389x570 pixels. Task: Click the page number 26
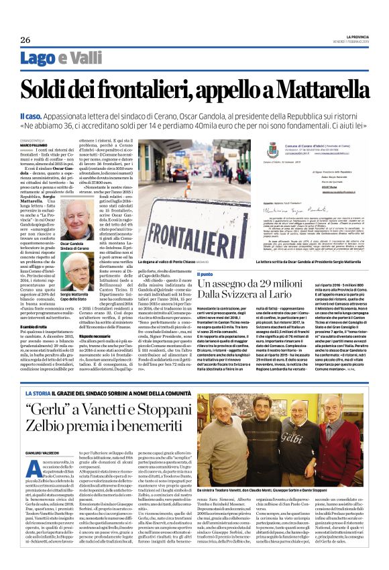[x=25, y=40]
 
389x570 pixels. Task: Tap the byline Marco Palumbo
[x=34, y=144]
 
